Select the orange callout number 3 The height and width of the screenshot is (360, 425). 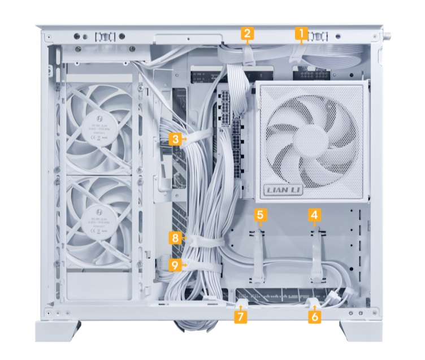[176, 138]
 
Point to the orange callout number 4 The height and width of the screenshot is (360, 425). [314, 215]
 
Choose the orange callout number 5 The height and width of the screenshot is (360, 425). [260, 215]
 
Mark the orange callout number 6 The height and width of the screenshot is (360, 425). [314, 316]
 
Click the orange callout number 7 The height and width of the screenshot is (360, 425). [241, 316]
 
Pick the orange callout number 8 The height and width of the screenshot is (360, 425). [176, 238]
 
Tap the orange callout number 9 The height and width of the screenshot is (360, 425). [176, 263]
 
